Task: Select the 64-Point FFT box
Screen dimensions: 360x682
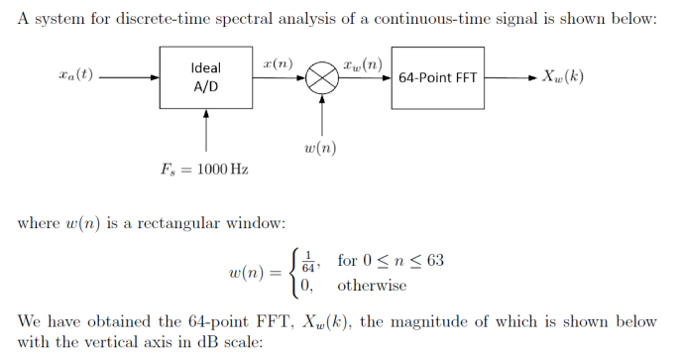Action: (x=439, y=77)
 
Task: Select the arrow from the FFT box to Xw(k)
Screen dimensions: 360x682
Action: (x=511, y=77)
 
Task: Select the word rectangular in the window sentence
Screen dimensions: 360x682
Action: (x=168, y=222)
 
